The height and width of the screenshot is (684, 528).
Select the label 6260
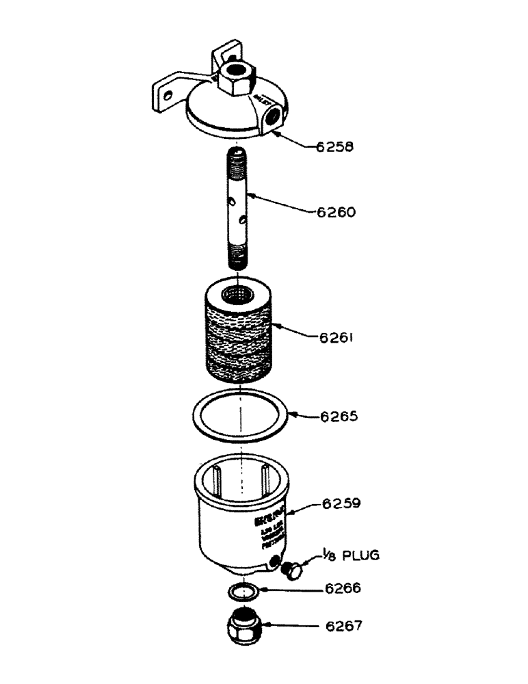coord(336,212)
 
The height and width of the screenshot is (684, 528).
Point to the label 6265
coord(338,416)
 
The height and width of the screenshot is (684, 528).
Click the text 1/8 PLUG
coord(351,555)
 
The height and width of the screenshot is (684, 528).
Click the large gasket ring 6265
coord(239,415)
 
